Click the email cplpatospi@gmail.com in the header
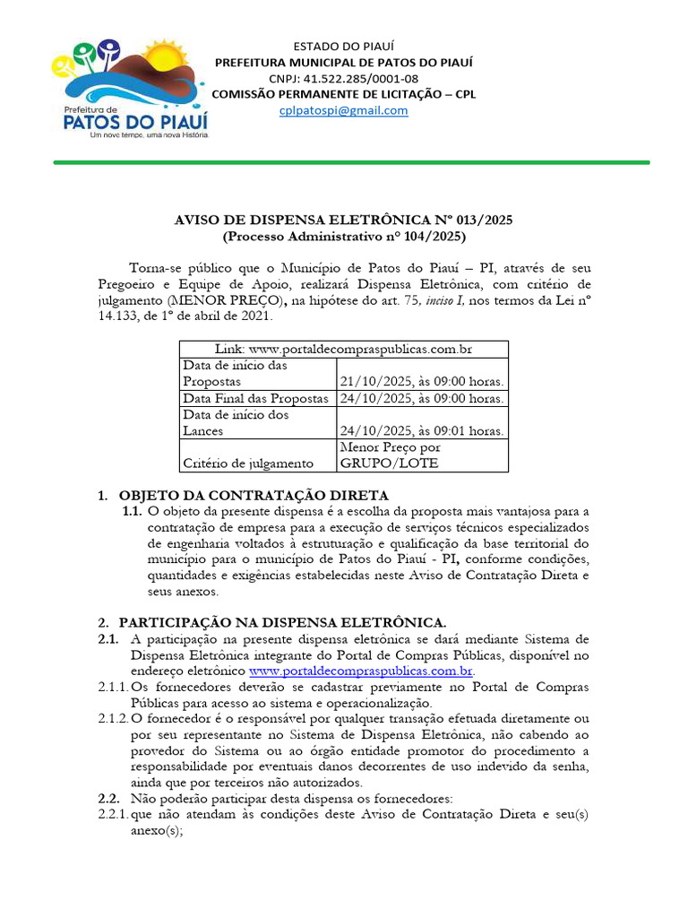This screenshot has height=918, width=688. (x=343, y=110)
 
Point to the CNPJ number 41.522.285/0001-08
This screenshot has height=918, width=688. (x=343, y=78)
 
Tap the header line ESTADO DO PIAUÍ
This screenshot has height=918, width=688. (x=343, y=46)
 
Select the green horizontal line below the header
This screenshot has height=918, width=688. (x=351, y=162)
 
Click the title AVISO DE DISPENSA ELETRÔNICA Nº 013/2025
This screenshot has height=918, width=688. (x=343, y=221)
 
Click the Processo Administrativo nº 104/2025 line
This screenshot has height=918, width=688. (x=343, y=237)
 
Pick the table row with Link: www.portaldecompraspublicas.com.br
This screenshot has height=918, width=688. (x=343, y=349)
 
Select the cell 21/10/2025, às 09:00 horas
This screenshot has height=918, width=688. (x=421, y=382)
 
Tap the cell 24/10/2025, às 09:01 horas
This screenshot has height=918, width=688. (x=421, y=431)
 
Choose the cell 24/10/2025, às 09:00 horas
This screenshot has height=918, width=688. (x=421, y=398)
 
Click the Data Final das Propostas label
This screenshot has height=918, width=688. (x=256, y=398)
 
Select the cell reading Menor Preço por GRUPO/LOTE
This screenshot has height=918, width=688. (x=391, y=455)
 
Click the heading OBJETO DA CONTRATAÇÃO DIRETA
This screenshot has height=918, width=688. (x=254, y=495)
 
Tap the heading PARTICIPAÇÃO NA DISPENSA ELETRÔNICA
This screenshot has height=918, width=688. (x=282, y=622)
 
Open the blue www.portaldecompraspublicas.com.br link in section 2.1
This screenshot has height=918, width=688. (x=361, y=671)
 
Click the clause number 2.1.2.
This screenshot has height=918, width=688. (x=113, y=719)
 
